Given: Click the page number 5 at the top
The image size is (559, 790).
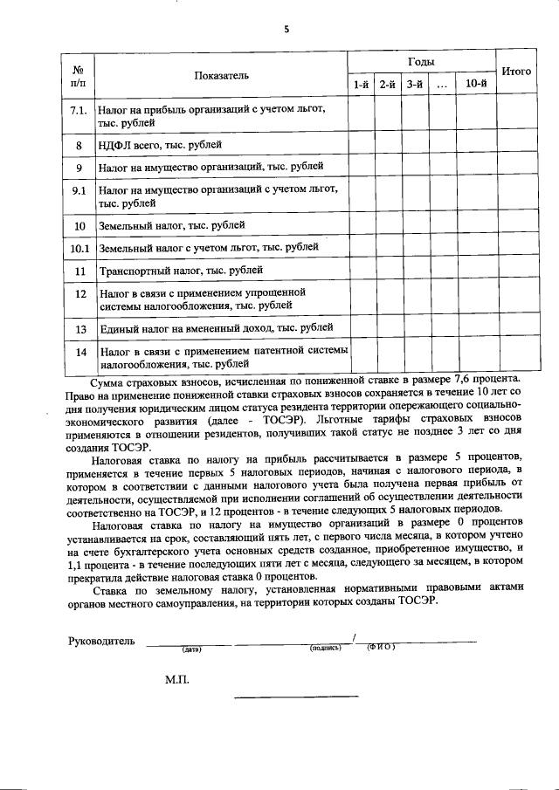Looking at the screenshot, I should pyautogui.click(x=285, y=29).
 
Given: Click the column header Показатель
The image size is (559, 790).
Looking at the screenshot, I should pyautogui.click(x=221, y=75).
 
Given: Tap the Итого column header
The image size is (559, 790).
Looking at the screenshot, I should pyautogui.click(x=515, y=71).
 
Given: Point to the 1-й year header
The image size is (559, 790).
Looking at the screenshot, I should pyautogui.click(x=361, y=85).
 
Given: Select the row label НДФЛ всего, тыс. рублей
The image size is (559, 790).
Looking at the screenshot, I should pyautogui.click(x=160, y=144).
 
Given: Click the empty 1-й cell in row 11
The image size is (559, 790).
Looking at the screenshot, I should pyautogui.click(x=361, y=271).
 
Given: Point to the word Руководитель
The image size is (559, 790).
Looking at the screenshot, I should pyautogui.click(x=101, y=642).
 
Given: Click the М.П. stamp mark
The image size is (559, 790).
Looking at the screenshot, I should pyautogui.click(x=177, y=678).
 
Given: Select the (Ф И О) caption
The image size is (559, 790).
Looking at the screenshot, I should pyautogui.click(x=381, y=648).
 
